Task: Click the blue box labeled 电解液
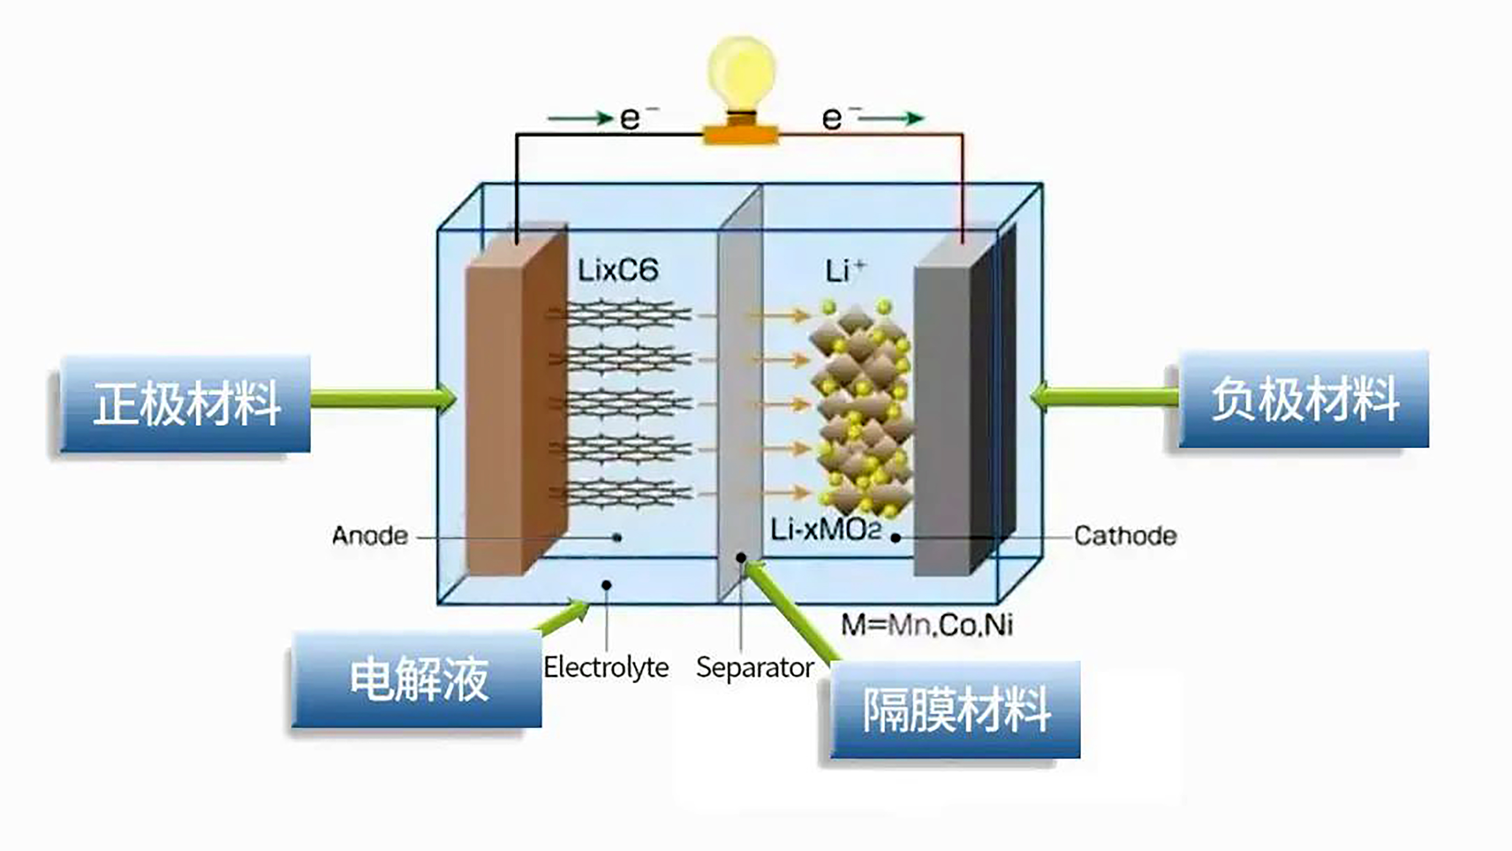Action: pyautogui.click(x=417, y=680)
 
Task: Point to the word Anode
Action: pyautogui.click(x=370, y=536)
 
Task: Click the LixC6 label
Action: pyautogui.click(x=618, y=270)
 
